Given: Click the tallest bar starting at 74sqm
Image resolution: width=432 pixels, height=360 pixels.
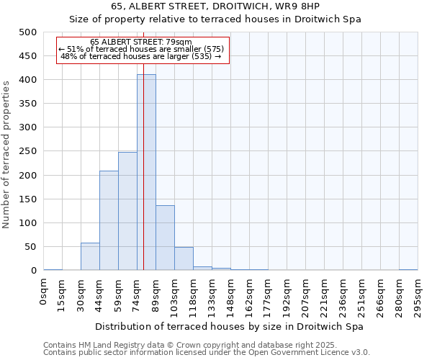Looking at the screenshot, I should pyautogui.click(x=146, y=173).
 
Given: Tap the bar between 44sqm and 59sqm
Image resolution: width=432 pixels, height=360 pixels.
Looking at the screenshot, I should pyautogui.click(x=109, y=220).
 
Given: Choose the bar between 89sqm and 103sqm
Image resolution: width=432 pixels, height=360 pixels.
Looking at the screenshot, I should pyautogui.click(x=165, y=238).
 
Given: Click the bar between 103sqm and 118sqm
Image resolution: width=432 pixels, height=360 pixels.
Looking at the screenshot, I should pyautogui.click(x=184, y=259).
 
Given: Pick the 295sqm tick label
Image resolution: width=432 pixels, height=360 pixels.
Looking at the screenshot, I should pyautogui.click(x=418, y=295).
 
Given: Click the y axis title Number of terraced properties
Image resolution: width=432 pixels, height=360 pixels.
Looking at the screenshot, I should pyautogui.click(x=6, y=154).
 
